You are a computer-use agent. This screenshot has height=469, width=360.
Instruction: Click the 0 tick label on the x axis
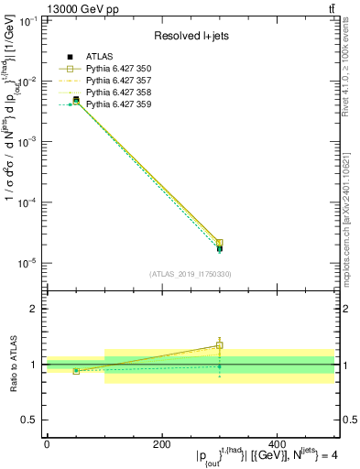[x=47, y=444]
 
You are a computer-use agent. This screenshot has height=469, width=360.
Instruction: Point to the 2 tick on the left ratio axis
[x=34, y=309]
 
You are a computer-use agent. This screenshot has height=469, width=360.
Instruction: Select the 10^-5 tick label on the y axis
[x=27, y=263]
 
